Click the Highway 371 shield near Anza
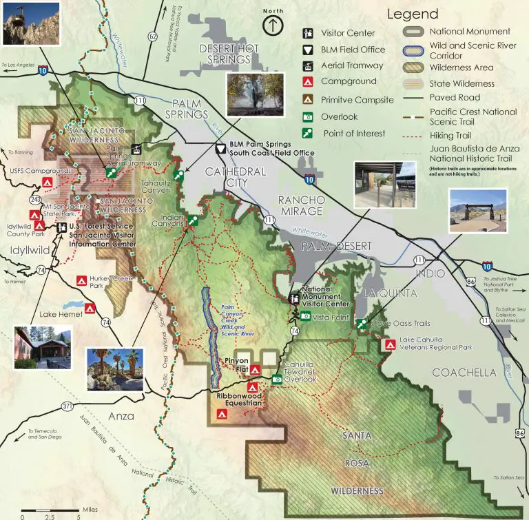[x=66, y=406]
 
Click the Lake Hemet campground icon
[x=90, y=307]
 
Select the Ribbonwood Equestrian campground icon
[x=222, y=414]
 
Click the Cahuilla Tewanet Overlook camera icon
[x=276, y=378]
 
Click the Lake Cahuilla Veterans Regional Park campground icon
[x=390, y=343]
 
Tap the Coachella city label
[x=464, y=373]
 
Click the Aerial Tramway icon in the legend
[x=309, y=65]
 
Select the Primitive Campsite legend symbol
[x=309, y=100]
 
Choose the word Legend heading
[x=412, y=14]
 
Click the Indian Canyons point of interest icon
[x=194, y=221]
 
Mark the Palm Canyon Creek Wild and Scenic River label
[x=237, y=320]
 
